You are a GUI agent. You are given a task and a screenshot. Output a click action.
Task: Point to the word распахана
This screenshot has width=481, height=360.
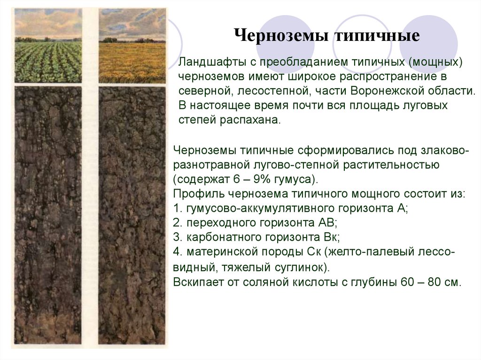(250, 120)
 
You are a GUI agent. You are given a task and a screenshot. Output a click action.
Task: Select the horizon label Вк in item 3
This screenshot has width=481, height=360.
(331, 237)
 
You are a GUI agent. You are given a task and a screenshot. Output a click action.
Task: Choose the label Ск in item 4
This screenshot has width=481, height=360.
(314, 252)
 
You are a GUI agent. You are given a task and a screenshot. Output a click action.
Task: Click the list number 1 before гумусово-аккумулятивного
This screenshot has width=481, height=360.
(177, 208)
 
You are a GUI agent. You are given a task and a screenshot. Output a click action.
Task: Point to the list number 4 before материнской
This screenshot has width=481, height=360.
(177, 252)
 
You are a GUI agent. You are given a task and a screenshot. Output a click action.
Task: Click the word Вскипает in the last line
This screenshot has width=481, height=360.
(198, 282)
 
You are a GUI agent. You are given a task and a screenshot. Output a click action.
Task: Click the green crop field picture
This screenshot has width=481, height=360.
(48, 46)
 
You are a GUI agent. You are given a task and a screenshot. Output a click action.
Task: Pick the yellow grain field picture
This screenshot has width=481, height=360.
(132, 46)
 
